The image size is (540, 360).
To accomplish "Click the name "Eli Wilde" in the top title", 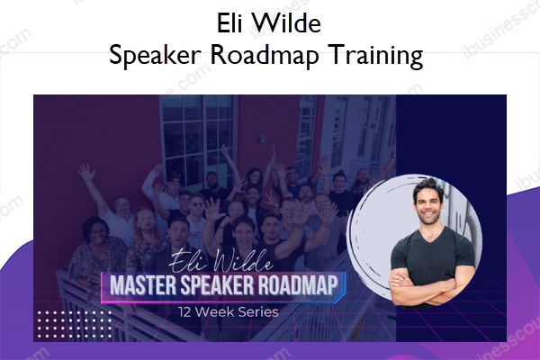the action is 269,23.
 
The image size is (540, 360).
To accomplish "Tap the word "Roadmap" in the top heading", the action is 265,56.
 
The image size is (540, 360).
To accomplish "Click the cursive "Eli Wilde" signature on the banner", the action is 221,262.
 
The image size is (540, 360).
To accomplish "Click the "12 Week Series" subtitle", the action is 229,312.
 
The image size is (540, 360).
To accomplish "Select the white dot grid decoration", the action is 75,324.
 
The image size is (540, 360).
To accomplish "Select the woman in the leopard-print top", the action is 97,251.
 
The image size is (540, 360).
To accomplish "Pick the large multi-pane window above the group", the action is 198,138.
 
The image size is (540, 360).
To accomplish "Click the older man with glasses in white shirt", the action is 121,220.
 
